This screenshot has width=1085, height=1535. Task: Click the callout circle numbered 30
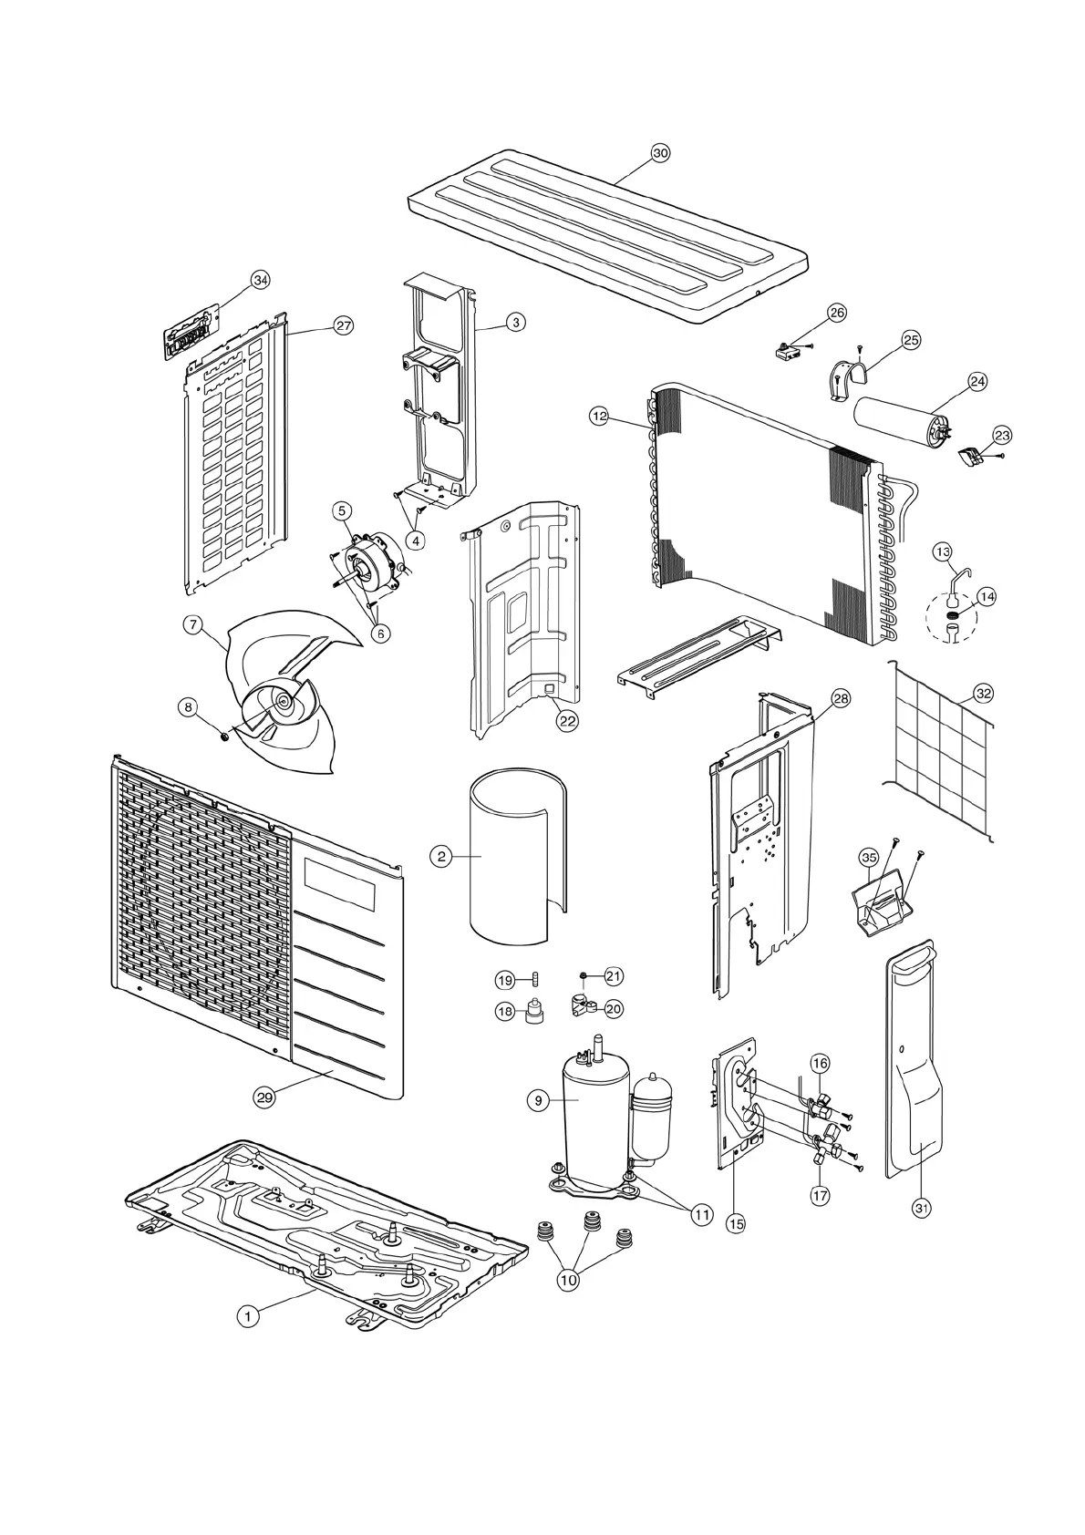[660, 153]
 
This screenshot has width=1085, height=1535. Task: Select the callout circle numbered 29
[264, 1097]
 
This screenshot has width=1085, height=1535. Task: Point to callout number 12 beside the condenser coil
[599, 417]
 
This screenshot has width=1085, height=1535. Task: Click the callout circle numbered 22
[567, 720]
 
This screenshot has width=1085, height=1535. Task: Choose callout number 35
[869, 858]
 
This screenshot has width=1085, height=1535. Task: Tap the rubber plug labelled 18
[532, 1013]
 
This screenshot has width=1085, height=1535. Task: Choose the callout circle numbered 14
[986, 596]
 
